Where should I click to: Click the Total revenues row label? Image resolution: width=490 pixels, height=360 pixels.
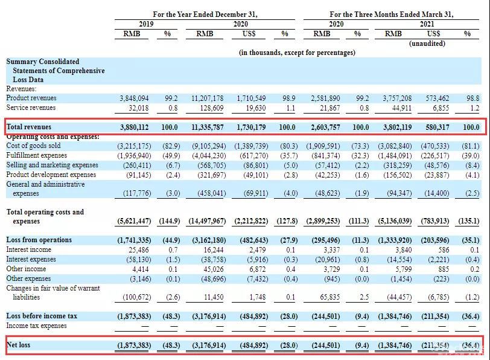click(x=29, y=127)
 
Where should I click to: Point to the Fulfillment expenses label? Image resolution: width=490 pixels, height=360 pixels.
click(x=37, y=155)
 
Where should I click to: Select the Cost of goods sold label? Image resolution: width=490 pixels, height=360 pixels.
click(x=33, y=146)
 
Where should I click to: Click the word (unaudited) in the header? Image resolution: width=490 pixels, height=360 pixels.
click(x=427, y=43)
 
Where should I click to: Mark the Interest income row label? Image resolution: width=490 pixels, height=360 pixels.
click(x=28, y=249)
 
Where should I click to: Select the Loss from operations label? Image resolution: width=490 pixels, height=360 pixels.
click(x=39, y=240)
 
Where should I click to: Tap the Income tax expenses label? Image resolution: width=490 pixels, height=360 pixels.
click(x=37, y=326)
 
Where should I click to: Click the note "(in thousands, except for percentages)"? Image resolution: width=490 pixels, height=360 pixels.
click(x=297, y=53)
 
